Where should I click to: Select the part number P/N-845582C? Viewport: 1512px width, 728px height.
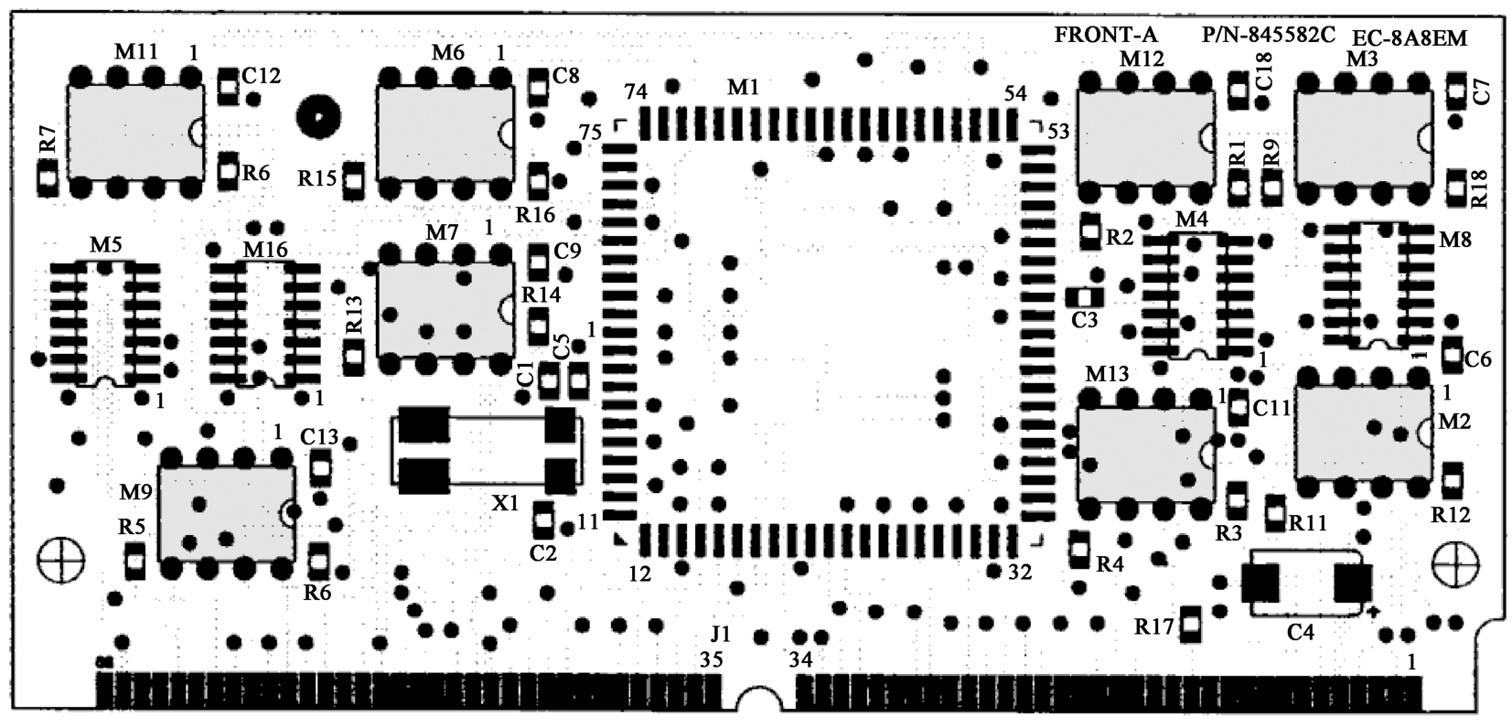coord(1269,35)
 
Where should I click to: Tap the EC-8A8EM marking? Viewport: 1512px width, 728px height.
coord(1410,38)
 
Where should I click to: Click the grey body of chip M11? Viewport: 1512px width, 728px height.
coord(135,132)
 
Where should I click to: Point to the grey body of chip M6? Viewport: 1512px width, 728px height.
coord(445,133)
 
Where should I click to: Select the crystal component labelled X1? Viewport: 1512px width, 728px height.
coord(487,450)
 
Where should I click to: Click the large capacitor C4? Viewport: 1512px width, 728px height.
coord(1307,583)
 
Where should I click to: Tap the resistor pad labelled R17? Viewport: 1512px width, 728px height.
coord(1190,624)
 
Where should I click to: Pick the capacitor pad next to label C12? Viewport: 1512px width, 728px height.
coord(229,86)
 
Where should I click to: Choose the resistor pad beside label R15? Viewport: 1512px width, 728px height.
coord(354,180)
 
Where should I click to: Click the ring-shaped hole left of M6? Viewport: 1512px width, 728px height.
coord(318,117)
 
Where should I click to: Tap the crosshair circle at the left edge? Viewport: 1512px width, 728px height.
coord(60,561)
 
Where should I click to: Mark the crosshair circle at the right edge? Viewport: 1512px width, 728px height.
coord(1456,564)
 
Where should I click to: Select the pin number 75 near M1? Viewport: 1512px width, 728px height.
coord(591,132)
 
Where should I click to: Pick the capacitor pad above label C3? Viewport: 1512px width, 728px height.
coord(1084,297)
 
